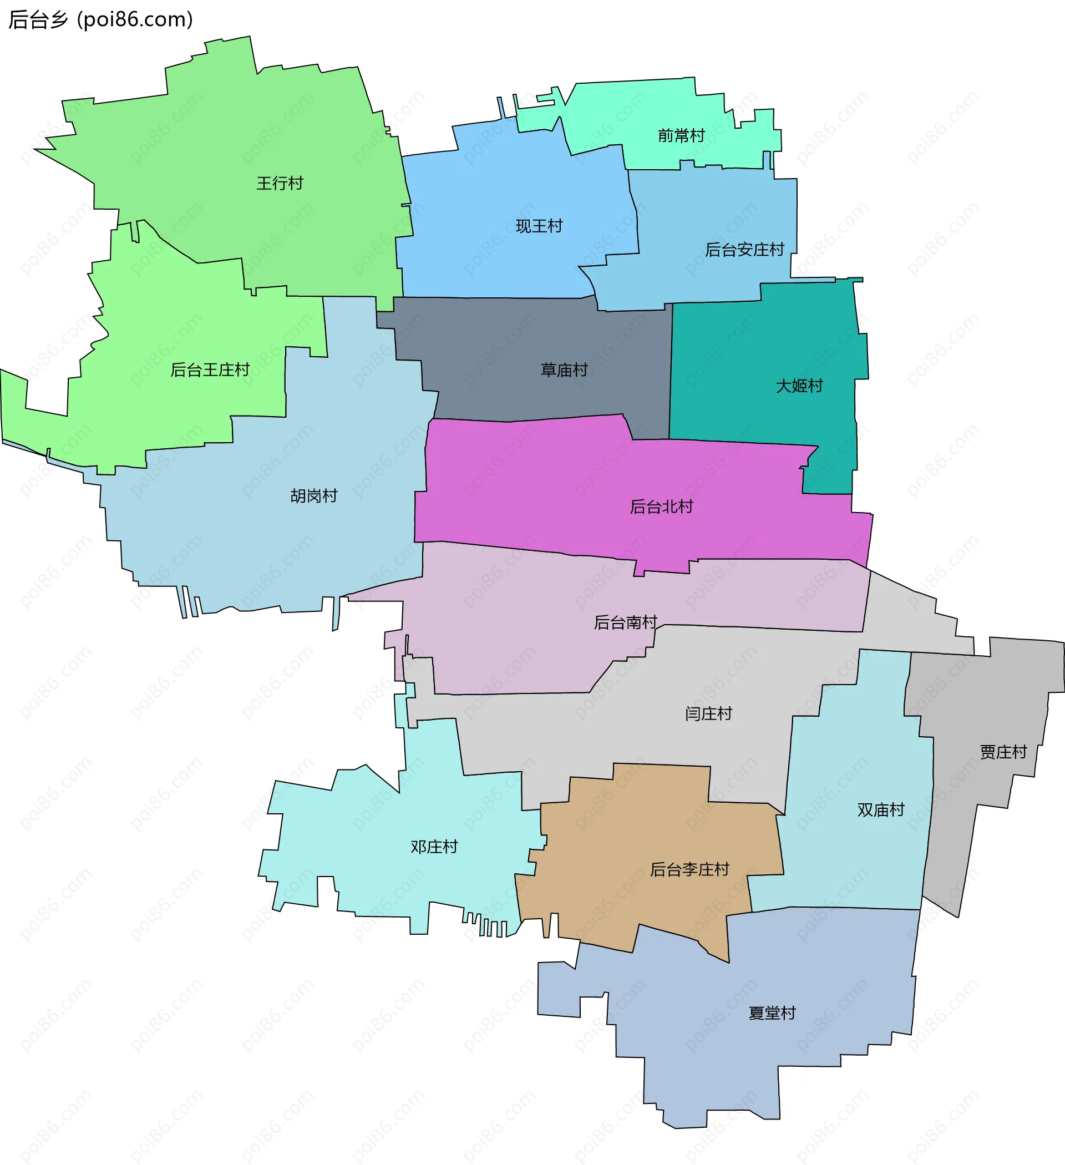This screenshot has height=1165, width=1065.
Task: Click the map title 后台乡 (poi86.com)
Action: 100,19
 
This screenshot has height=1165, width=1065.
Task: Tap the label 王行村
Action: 280,183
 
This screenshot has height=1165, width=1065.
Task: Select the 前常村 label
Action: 681,136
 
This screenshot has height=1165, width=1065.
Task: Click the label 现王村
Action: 539,226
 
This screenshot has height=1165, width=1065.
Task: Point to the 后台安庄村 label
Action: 744,250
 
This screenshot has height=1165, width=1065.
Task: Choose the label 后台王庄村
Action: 210,370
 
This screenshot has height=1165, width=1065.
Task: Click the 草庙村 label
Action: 564,370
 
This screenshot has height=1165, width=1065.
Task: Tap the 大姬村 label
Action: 799,386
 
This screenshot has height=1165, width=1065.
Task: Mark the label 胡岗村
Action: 314,496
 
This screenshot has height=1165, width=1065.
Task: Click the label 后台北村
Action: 661,507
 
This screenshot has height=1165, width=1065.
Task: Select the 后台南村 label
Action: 625,622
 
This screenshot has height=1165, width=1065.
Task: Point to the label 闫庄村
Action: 708,713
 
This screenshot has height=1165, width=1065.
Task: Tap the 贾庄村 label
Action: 1003,752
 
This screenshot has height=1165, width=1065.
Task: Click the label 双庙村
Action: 881,809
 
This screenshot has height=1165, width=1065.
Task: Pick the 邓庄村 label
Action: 434,847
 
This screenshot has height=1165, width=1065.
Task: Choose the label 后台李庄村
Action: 689,869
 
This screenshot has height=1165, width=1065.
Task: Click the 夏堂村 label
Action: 772,1013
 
